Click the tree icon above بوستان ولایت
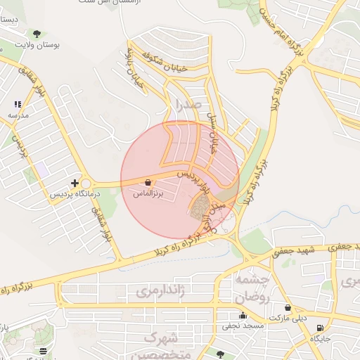tap(37, 33)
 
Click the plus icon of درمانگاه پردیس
tap(75, 183)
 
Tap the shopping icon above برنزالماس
tap(147, 182)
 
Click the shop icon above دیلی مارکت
tap(288, 307)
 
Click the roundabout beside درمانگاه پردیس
tap(86, 184)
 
